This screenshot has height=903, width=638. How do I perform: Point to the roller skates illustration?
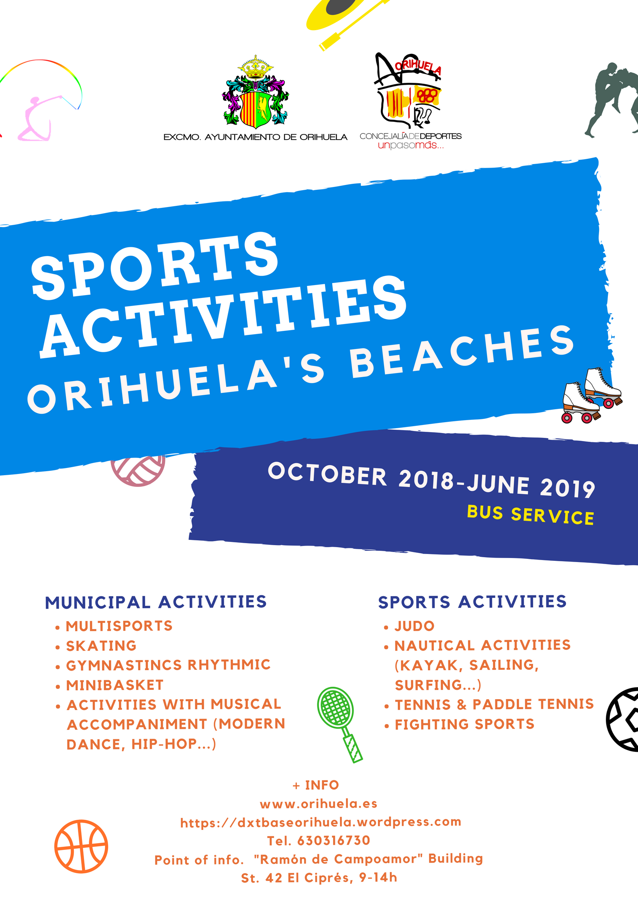(x=591, y=396)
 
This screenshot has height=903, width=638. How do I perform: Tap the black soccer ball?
(x=623, y=719)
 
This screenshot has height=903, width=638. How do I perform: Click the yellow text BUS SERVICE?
(x=530, y=515)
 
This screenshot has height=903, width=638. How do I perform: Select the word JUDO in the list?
(x=415, y=626)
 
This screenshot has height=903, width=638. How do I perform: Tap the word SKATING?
(x=101, y=646)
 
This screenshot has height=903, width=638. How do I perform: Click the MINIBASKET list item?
(x=115, y=685)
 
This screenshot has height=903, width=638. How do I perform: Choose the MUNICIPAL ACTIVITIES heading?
(x=156, y=602)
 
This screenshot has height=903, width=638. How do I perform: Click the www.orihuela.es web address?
(x=319, y=804)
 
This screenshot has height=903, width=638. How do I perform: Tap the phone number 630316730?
(x=333, y=840)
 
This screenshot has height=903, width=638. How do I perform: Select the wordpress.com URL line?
(x=321, y=822)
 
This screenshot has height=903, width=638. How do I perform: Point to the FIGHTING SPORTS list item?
(x=464, y=724)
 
